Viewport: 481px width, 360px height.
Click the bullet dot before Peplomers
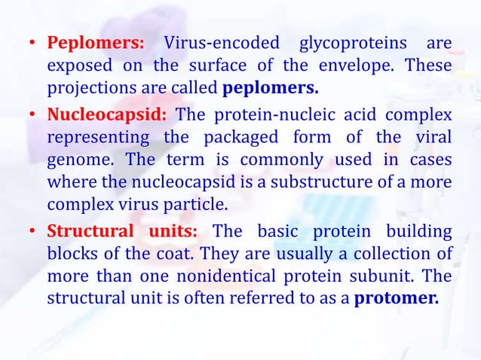(33, 44)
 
